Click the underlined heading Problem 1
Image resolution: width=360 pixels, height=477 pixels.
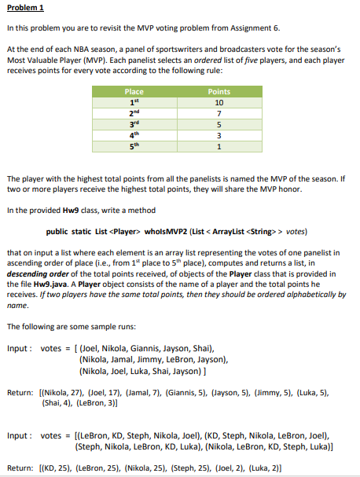pyautogui.click(x=26, y=9)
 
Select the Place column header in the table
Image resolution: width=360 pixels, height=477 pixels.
pyautogui.click(x=134, y=91)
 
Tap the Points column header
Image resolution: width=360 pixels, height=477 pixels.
pyautogui.click(x=219, y=91)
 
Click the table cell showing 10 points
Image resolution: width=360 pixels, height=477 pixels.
pyautogui.click(x=219, y=102)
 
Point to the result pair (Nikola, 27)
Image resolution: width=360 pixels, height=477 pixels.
pyautogui.click(x=61, y=391)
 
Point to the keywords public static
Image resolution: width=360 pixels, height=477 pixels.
pyautogui.click(x=68, y=231)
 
